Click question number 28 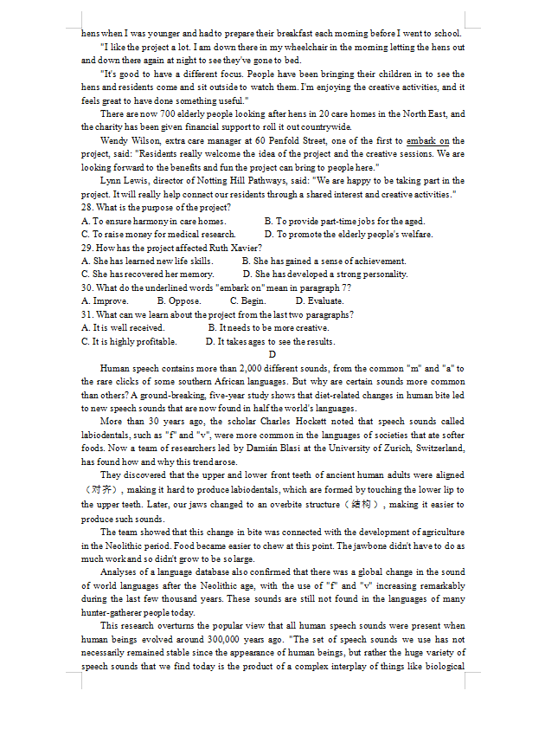tap(87, 208)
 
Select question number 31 tap(87, 314)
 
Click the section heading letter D tap(272, 354)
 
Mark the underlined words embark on tap(429, 140)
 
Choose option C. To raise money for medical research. tap(158, 235)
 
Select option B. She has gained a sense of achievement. tap(324, 261)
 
